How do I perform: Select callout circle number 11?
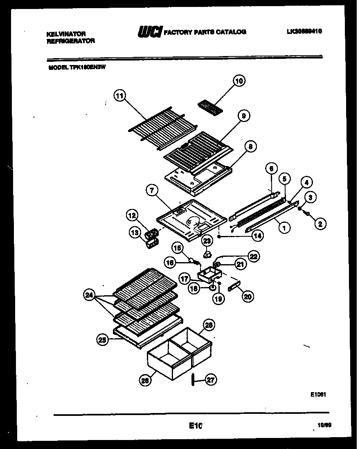pos(119,97)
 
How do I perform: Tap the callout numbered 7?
pos(152,190)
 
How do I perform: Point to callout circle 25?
pos(103,339)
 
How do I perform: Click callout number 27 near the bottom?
pos(211,381)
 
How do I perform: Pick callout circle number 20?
pos(247,297)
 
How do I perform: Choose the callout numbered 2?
pos(320,224)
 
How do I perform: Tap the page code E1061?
pos(317,395)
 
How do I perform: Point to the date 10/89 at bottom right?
pos(324,426)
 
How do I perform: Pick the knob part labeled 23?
pos(207,255)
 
